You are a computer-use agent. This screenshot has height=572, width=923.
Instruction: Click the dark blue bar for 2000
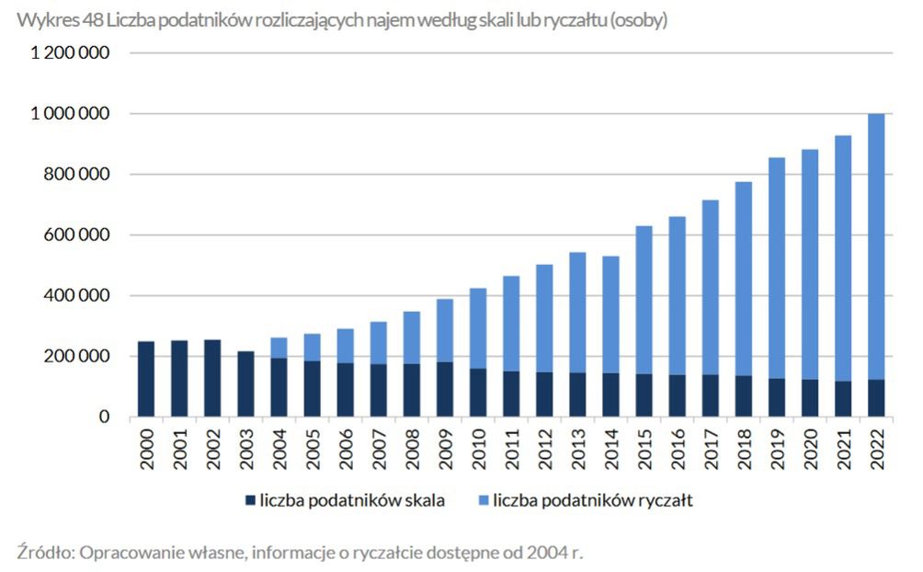coord(146,379)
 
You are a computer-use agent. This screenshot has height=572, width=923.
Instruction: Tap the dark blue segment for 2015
coord(644,395)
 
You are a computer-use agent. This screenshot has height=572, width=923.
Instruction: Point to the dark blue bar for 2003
coord(245,383)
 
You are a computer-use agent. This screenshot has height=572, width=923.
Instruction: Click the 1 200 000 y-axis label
coord(71,53)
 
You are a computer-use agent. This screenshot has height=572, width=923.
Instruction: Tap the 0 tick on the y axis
coord(105,418)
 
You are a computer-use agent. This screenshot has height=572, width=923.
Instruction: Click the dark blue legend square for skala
coord(250,501)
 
